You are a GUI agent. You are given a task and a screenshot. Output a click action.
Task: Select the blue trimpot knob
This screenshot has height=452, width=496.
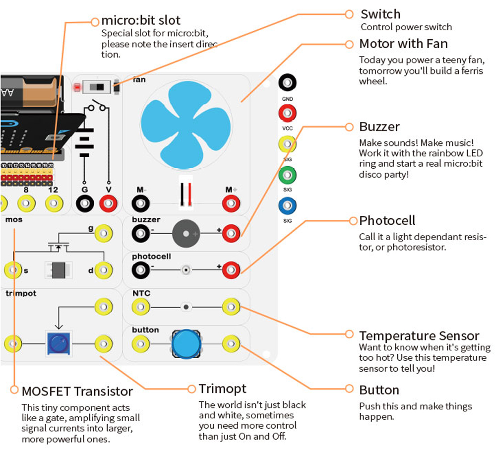(x=58, y=342)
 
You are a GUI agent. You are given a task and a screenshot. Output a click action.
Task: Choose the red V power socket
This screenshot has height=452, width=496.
(x=108, y=203)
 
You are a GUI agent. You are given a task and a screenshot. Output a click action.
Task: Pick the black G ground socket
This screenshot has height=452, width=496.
(x=84, y=203)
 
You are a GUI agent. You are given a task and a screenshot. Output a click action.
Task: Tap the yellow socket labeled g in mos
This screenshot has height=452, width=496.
(x=103, y=232)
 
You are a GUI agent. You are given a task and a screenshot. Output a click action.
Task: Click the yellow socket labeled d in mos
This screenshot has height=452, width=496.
(x=103, y=270)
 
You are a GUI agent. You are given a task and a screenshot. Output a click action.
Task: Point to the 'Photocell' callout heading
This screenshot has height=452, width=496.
(x=387, y=220)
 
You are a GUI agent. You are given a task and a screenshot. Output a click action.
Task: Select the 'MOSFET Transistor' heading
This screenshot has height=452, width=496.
(x=77, y=391)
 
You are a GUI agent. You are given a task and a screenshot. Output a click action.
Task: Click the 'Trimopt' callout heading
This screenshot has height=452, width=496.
(x=222, y=388)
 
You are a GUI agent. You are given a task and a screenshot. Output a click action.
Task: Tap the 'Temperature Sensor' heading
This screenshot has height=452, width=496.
(x=419, y=336)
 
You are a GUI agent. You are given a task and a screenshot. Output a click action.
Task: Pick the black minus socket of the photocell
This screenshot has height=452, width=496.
(x=140, y=270)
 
